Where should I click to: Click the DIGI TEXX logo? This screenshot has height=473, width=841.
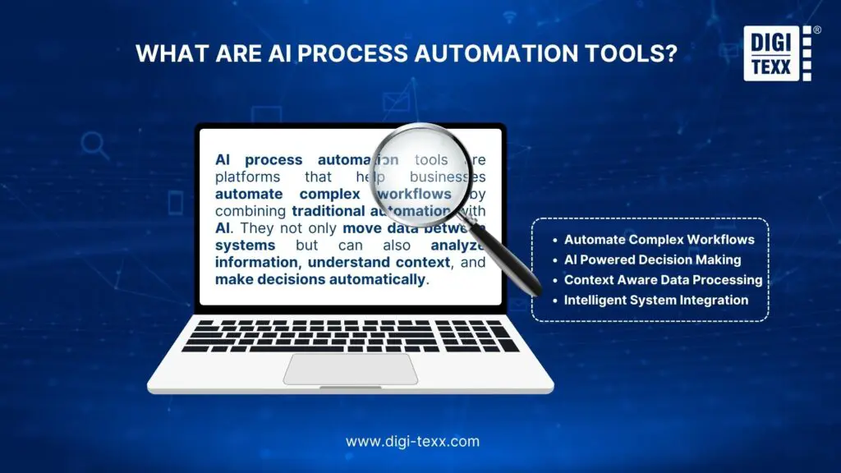pos(776,54)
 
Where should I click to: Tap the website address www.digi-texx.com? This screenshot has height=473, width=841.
pos(412,441)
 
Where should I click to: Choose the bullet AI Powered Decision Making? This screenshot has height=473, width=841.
pos(652,259)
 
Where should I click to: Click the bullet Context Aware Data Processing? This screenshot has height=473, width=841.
pos(663,280)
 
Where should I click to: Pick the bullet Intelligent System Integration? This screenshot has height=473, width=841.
pos(656,300)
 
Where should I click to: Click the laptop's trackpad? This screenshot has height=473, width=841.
pos(351,369)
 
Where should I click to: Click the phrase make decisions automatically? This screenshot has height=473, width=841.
pos(321,279)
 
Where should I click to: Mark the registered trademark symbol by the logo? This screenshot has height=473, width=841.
pos(816,30)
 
